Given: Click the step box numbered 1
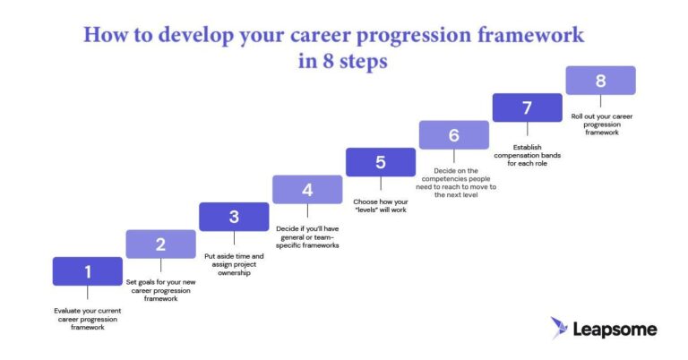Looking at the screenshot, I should (x=87, y=271).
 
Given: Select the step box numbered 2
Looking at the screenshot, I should (x=160, y=244).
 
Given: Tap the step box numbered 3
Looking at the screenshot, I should (x=234, y=217).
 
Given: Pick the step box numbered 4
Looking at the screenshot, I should (x=307, y=189).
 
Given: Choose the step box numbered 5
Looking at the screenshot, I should (x=381, y=162).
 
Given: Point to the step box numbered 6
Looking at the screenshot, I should (x=454, y=135).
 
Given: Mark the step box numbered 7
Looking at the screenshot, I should (x=528, y=107).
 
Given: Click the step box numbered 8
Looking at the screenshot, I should (x=600, y=81).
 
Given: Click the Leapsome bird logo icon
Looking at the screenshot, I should (x=560, y=329).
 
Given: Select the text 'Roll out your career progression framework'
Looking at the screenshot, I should (x=601, y=124).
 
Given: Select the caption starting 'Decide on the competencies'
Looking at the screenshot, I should (x=454, y=182).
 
